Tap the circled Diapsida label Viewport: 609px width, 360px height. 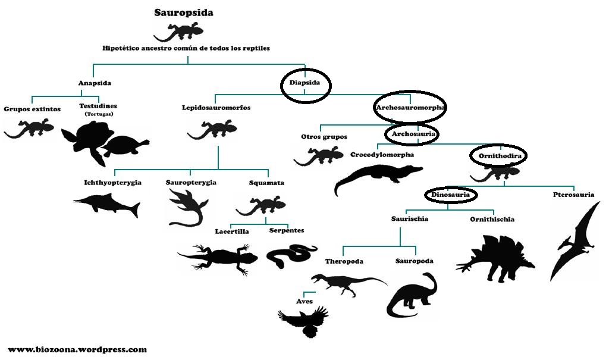(x=305, y=83)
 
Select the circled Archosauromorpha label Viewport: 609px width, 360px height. (x=410, y=108)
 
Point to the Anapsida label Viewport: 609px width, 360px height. (x=95, y=83)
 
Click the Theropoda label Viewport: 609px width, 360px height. (x=344, y=261)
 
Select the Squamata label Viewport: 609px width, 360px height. (x=266, y=183)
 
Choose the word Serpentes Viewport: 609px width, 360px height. (x=286, y=230)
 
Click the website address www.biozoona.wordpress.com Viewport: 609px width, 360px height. (x=77, y=350)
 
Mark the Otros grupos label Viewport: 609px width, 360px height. (x=324, y=137)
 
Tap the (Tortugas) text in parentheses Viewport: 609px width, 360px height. (x=99, y=114)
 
